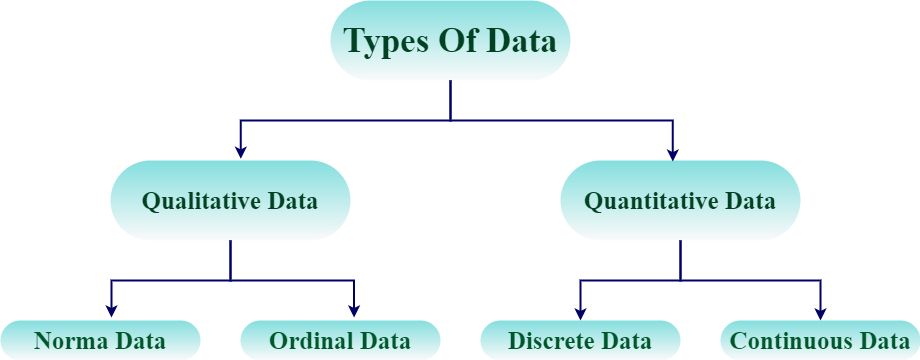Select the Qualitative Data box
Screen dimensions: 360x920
pyautogui.click(x=230, y=201)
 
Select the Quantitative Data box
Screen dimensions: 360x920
pyautogui.click(x=680, y=201)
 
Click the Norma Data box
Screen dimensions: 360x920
pyautogui.click(x=100, y=340)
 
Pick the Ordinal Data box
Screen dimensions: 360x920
pyautogui.click(x=340, y=340)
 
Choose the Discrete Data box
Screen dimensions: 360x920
pyautogui.click(x=580, y=340)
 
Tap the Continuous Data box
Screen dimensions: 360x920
pyautogui.click(x=820, y=340)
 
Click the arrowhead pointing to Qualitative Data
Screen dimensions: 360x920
pyautogui.click(x=240, y=151)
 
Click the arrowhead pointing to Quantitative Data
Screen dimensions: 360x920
pyautogui.click(x=673, y=151)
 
